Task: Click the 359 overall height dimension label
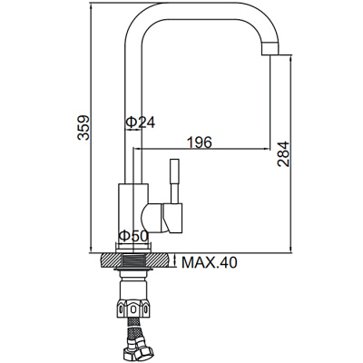click(83, 127)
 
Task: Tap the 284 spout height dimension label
click(283, 153)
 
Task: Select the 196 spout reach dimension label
click(200, 142)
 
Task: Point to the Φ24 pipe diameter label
click(140, 123)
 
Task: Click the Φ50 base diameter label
click(132, 236)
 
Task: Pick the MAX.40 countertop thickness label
click(210, 262)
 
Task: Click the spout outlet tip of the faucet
click(270, 49)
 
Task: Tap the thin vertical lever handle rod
click(174, 181)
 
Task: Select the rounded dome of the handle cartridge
click(150, 219)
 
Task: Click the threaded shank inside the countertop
click(133, 260)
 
